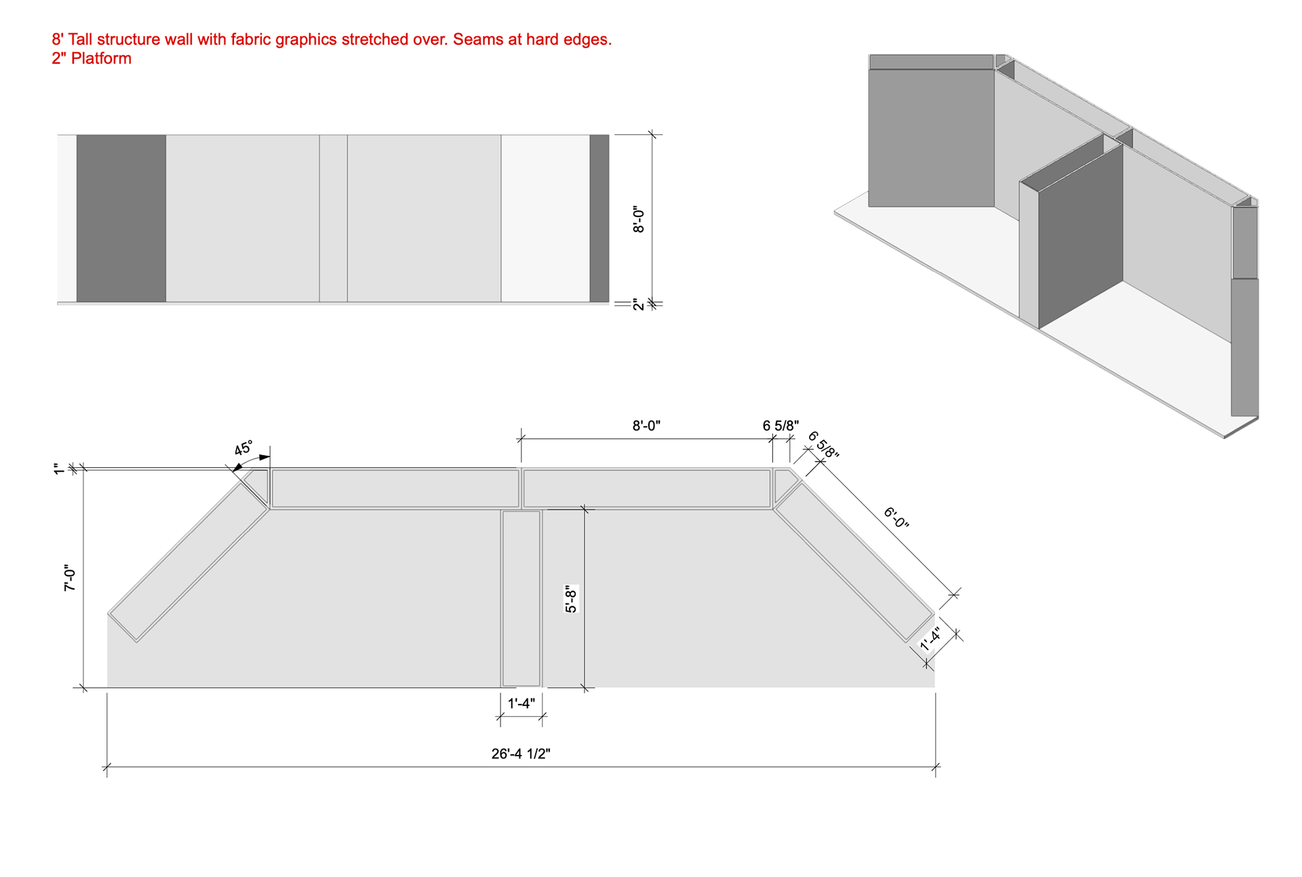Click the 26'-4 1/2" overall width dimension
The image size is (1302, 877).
(x=521, y=754)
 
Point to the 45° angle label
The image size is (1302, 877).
(x=243, y=448)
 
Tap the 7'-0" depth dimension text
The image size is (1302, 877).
(x=70, y=578)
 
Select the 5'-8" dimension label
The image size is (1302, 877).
(x=571, y=599)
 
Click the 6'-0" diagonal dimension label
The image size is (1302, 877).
(x=896, y=518)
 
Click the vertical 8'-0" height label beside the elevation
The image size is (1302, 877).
(x=638, y=220)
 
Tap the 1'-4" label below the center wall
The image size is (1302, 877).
(x=521, y=703)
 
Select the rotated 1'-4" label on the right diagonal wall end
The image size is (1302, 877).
(x=930, y=639)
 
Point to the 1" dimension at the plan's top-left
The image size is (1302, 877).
(x=58, y=469)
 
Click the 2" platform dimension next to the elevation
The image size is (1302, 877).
(x=638, y=305)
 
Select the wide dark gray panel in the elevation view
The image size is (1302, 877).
(x=121, y=218)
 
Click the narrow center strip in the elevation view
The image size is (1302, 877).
(x=334, y=218)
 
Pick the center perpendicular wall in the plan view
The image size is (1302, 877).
(x=521, y=598)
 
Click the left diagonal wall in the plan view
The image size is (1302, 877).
(x=189, y=562)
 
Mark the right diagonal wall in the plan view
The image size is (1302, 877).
(x=854, y=562)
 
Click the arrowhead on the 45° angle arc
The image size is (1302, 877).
(x=237, y=467)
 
